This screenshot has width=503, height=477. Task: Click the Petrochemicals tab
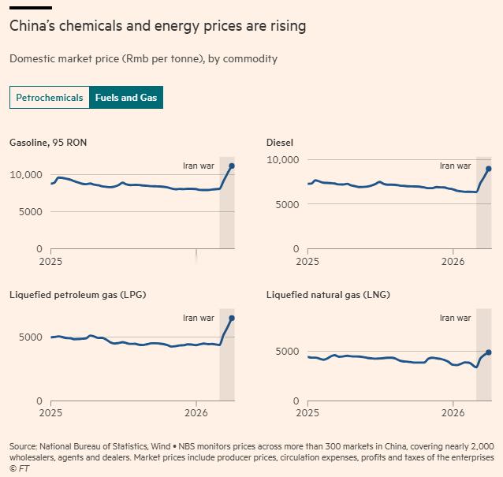pos(49,98)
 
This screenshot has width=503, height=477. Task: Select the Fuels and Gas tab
pos(126,98)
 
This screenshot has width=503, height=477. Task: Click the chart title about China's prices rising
pos(158,26)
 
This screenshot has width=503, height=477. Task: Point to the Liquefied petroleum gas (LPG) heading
pos(77,295)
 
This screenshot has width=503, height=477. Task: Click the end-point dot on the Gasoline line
pos(232,166)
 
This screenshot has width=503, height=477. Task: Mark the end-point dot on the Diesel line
pos(489,169)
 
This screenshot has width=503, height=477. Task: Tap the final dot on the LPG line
pos(232,318)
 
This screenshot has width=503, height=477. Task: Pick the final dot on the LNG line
pos(489,352)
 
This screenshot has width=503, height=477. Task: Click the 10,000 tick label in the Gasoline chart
pos(25,174)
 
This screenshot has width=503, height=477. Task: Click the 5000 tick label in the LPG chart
pos(32,337)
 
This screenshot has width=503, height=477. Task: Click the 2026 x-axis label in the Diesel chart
pos(453,260)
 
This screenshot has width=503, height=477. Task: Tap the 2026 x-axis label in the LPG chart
pos(196,412)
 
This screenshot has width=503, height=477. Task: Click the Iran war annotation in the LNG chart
pos(455,318)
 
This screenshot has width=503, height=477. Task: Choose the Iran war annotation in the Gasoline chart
pos(198,166)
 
